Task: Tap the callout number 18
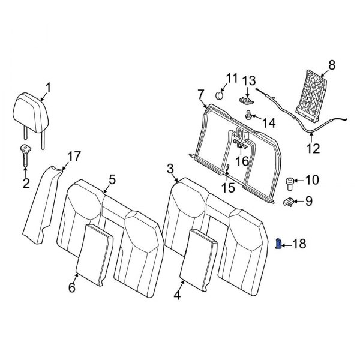[x=299, y=245]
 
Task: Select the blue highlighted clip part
[x=279, y=244]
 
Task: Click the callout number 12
[x=314, y=148]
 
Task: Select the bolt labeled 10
[x=289, y=180]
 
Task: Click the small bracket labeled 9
[x=289, y=201]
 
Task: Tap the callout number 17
[x=73, y=157]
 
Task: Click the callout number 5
[x=112, y=179]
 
